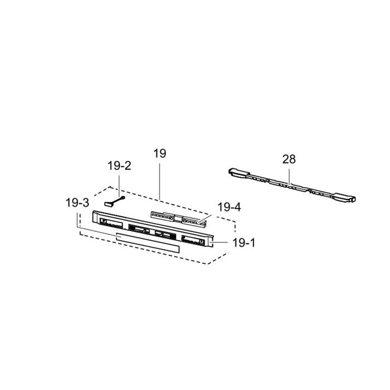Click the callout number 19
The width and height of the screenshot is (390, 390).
click(x=160, y=153)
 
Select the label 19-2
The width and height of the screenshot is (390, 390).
click(x=119, y=165)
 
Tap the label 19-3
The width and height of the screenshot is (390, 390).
click(x=77, y=203)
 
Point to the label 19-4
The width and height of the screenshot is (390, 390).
click(x=229, y=207)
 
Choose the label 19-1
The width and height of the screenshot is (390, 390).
click(x=244, y=243)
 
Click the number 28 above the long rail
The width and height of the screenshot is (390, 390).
click(x=289, y=159)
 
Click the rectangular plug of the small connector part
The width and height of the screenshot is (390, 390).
click(x=108, y=204)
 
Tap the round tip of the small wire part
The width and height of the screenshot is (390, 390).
click(x=123, y=198)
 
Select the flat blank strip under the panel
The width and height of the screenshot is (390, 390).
click(x=148, y=242)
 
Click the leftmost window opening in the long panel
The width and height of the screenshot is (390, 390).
click(x=111, y=223)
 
